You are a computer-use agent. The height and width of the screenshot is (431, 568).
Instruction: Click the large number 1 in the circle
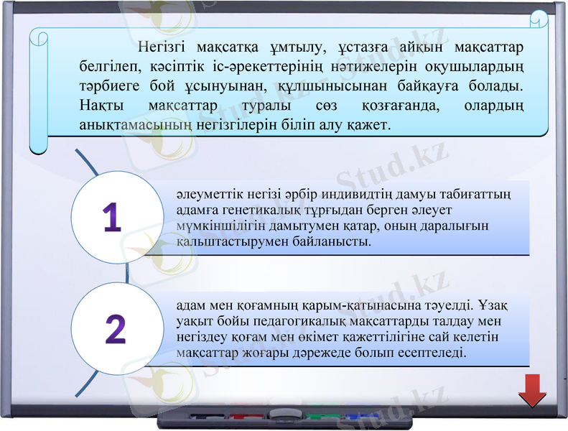[111, 218]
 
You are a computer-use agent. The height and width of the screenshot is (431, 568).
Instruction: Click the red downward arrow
[533, 390]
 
